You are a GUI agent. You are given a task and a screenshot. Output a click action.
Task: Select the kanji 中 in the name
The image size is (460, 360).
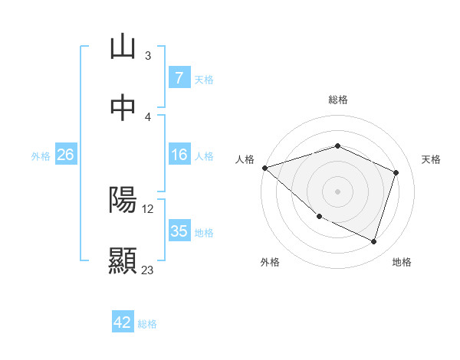point(123,108)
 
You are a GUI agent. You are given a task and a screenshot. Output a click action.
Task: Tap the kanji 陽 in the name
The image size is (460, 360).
point(123,200)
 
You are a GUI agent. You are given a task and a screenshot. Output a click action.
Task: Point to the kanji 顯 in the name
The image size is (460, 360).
point(123,261)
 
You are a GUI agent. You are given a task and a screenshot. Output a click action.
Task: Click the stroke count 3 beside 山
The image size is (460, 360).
point(148,55)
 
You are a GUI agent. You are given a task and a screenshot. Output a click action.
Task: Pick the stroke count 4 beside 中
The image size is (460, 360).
point(148,116)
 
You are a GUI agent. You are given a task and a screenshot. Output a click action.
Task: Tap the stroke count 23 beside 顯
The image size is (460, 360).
point(148,270)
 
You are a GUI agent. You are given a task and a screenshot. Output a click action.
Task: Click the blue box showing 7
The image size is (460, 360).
point(179,78)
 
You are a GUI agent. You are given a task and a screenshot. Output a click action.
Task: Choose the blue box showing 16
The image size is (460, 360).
point(179,155)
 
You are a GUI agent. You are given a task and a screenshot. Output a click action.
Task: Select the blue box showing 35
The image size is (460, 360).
point(179,231)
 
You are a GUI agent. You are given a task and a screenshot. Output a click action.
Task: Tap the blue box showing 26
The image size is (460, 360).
point(65,155)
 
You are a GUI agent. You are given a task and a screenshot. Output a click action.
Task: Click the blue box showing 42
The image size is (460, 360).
point(123,322)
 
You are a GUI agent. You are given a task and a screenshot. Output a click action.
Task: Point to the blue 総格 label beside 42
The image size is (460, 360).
point(147,324)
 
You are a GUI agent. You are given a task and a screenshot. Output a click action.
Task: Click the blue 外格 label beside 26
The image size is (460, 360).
point(41,155)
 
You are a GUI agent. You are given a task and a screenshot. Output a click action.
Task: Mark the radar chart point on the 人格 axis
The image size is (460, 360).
point(264,168)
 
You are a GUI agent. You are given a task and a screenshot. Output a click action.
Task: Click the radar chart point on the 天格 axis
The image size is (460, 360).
point(396,172)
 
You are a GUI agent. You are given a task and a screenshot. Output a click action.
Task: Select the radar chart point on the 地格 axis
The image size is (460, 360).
point(373,241)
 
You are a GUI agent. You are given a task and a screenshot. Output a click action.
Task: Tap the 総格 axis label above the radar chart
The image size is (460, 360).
point(337,100)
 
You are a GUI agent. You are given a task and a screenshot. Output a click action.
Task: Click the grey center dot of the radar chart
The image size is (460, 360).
point(337,191)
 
